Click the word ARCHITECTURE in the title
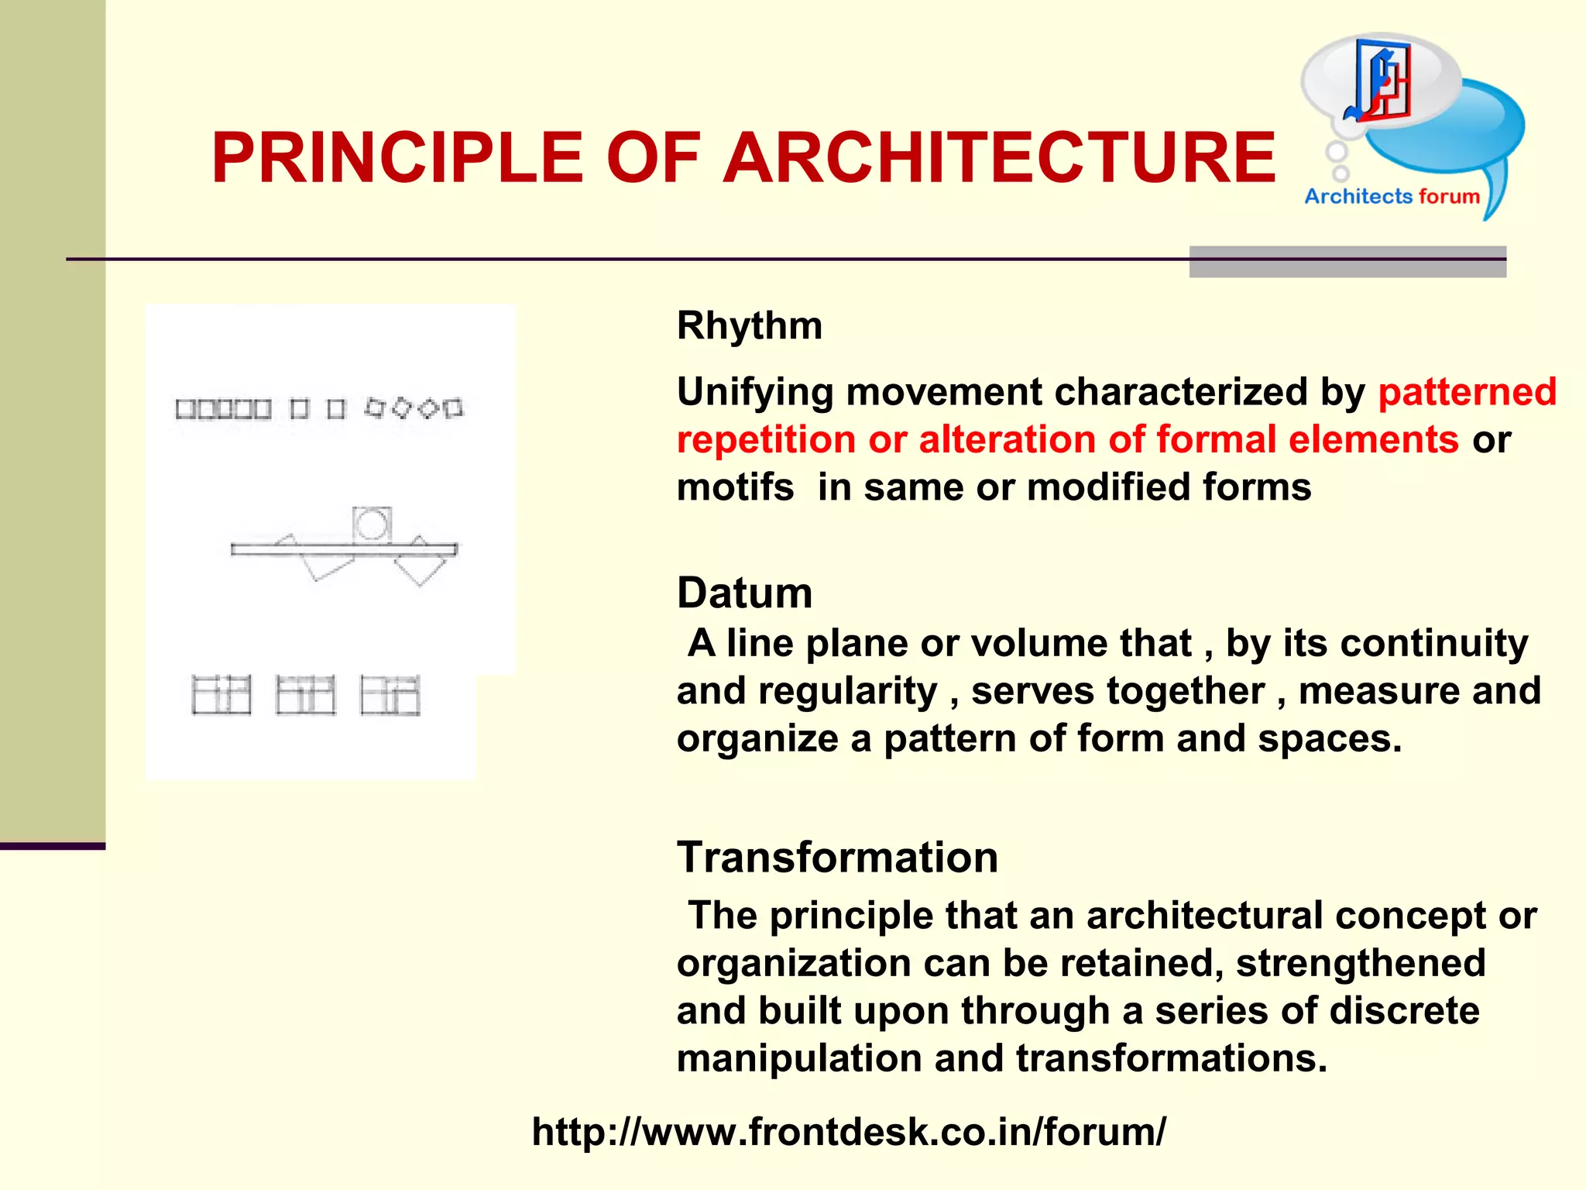pyautogui.click(x=999, y=158)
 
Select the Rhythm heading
pyautogui.click(x=749, y=325)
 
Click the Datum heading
pyautogui.click(x=744, y=593)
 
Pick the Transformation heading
pyautogui.click(x=837, y=858)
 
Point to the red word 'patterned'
pyautogui.click(x=1467, y=392)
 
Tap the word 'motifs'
pyautogui.click(x=735, y=488)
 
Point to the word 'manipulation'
pyautogui.click(x=798, y=1059)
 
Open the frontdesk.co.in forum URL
pyautogui.click(x=848, y=1132)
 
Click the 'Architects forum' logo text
pyautogui.click(x=1392, y=197)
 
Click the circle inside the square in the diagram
pyautogui.click(x=372, y=524)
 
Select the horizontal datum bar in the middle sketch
pyautogui.click(x=344, y=549)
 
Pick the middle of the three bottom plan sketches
pyautogui.click(x=306, y=695)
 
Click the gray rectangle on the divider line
pyautogui.click(x=1347, y=262)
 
